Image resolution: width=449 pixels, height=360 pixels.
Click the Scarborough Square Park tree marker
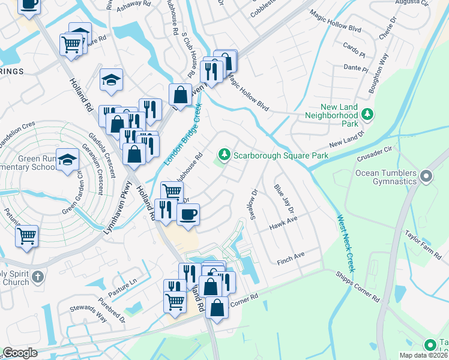coord(224,155)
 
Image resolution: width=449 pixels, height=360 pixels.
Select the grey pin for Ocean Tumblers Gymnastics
coord(426,176)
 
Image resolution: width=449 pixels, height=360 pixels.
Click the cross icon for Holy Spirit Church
coord(38,277)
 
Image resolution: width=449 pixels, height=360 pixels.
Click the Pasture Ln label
coord(124,284)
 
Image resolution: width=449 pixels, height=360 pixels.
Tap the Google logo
coord(20,353)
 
